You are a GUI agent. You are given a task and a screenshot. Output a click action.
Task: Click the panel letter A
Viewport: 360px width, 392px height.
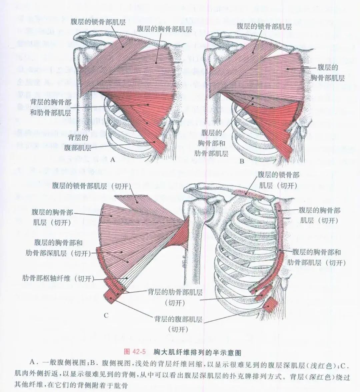[112, 160]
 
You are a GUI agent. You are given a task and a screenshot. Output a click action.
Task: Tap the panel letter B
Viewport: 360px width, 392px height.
[242, 161]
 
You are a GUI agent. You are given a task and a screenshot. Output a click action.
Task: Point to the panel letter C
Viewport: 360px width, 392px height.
[106, 315]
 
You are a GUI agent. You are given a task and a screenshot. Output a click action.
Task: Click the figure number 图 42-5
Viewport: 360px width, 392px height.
[135, 352]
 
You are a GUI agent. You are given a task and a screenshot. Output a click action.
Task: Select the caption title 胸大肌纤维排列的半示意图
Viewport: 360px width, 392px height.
[197, 352]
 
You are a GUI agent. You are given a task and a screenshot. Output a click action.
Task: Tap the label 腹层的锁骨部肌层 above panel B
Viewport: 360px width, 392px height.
[264, 26]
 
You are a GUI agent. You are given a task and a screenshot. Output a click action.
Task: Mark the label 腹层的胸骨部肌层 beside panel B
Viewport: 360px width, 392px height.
[327, 73]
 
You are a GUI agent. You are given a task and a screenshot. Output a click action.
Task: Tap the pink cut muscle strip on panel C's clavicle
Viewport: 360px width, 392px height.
[248, 193]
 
